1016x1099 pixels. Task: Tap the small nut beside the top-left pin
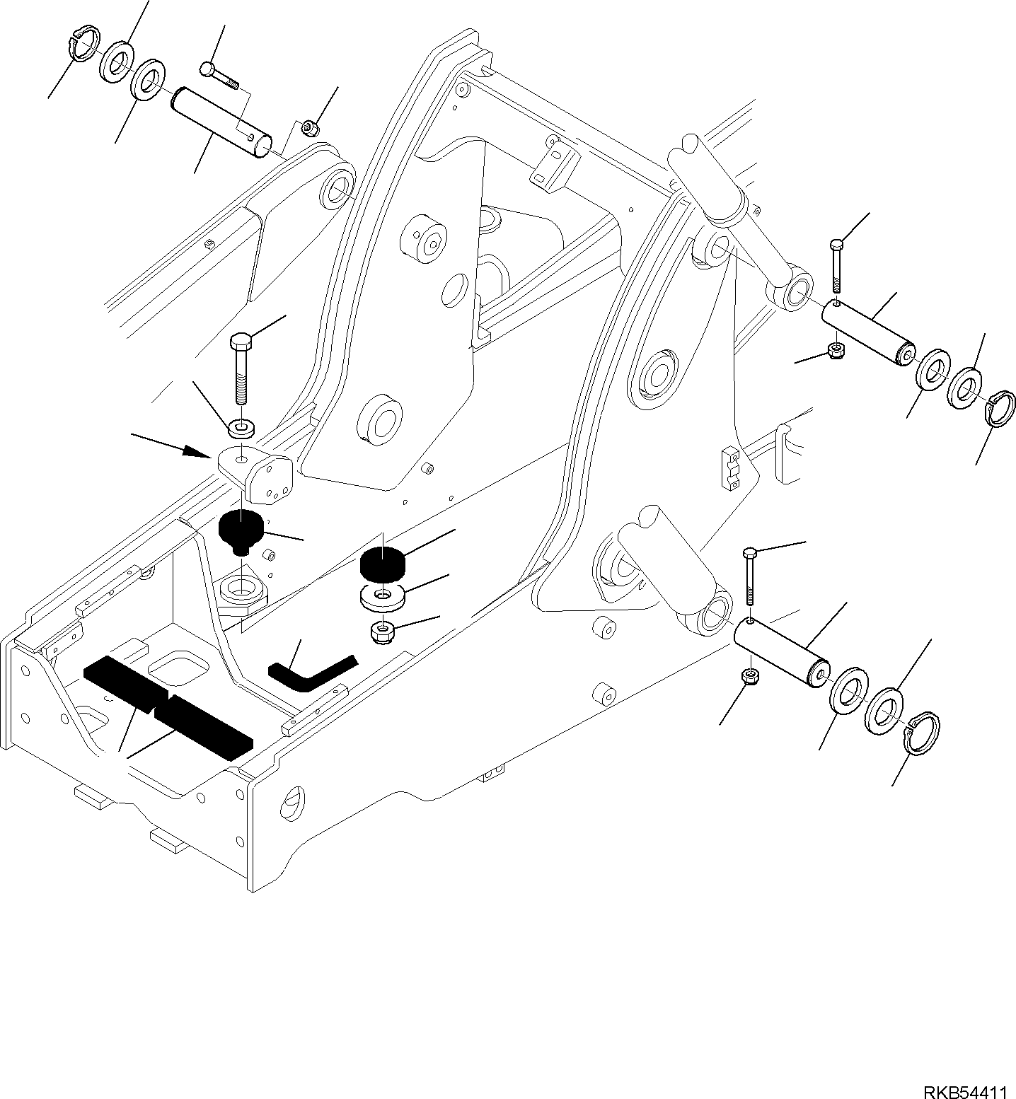tap(309, 128)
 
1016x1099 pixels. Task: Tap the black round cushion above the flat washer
tap(382, 564)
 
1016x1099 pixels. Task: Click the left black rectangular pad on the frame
tap(124, 682)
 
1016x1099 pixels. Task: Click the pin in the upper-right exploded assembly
tap(867, 330)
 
